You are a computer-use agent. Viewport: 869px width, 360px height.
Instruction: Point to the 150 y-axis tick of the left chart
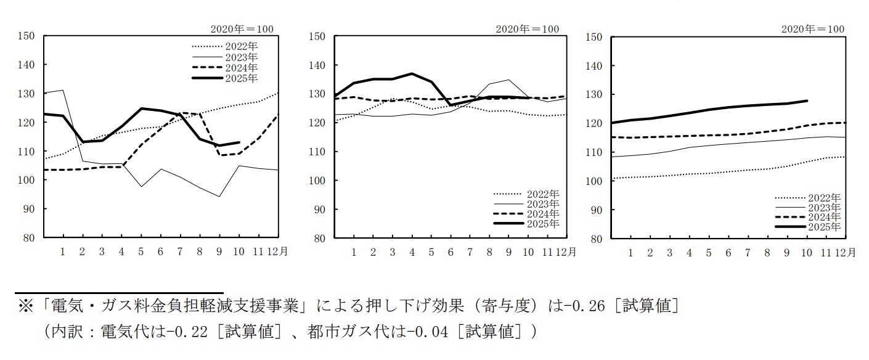26,36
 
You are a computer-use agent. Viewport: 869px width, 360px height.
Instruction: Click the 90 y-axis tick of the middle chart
318,210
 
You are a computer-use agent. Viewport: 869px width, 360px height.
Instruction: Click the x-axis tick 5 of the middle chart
431,252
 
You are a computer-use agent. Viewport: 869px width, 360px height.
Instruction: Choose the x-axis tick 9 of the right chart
787,253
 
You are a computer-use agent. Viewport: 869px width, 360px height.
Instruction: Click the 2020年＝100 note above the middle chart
528,29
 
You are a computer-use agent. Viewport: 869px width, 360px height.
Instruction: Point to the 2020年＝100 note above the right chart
812,29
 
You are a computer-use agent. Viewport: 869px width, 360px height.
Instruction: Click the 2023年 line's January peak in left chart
63,90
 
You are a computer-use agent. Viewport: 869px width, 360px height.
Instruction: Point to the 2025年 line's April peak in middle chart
411,73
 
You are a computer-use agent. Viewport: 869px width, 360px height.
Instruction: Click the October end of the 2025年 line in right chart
807,100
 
